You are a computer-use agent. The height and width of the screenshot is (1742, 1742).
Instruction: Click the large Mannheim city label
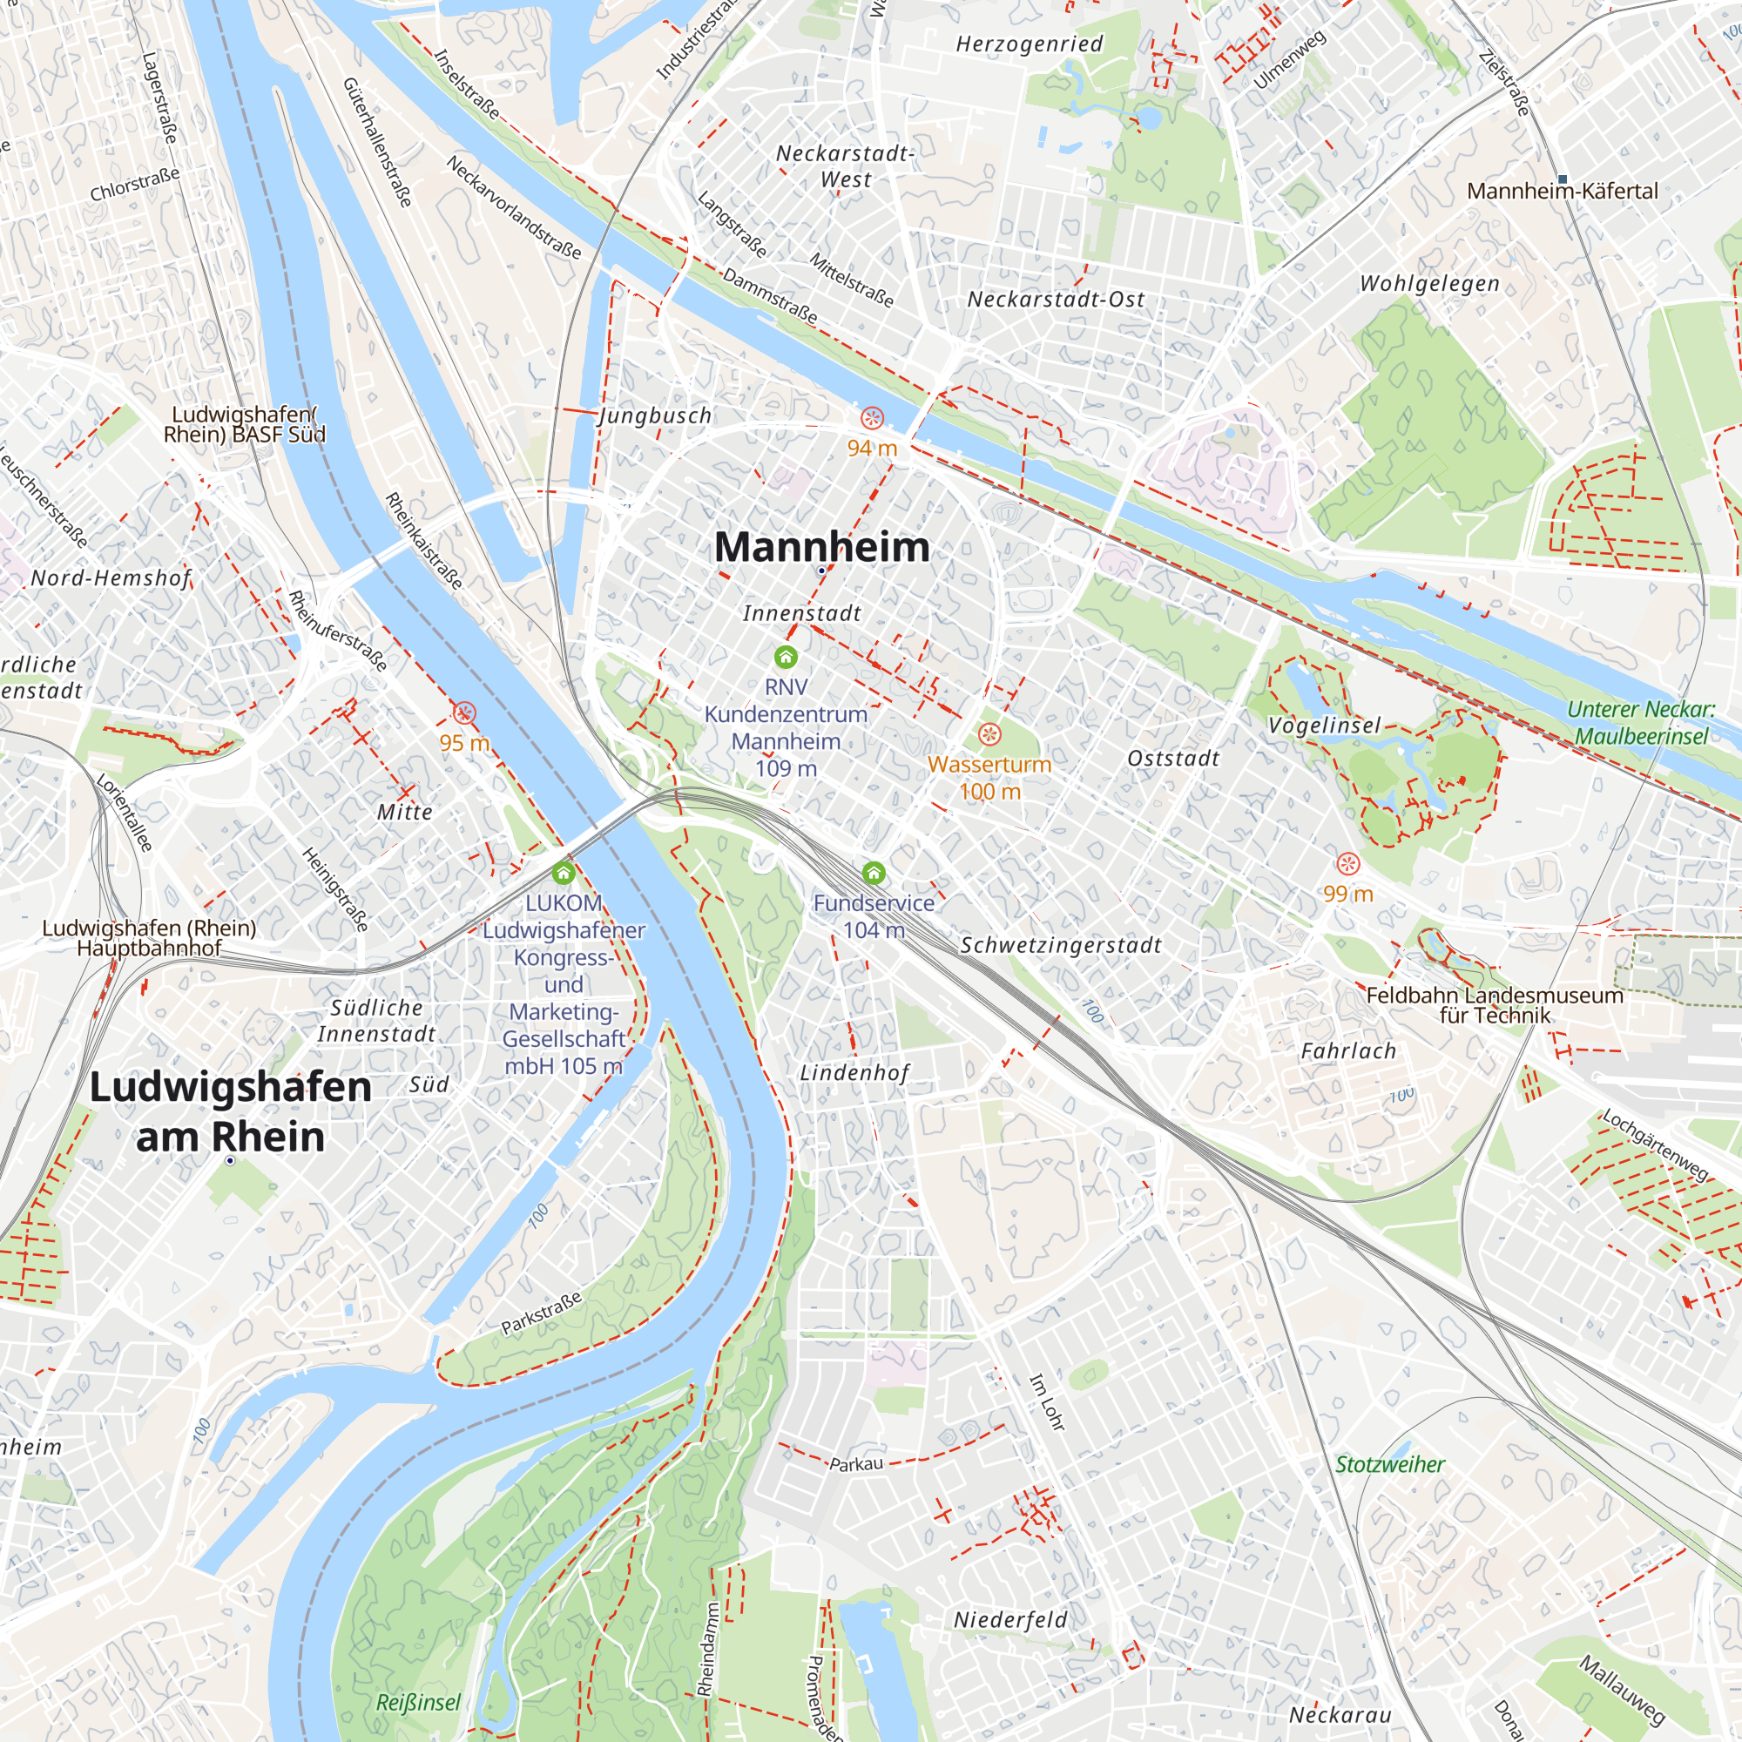(821, 546)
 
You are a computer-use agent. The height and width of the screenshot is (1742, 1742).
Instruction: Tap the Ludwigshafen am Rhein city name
(230, 1111)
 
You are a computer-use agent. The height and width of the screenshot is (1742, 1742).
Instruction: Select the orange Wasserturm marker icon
(989, 735)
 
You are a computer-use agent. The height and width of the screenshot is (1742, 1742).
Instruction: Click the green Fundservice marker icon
(873, 873)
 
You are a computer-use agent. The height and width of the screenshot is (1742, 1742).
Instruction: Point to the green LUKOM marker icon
(564, 873)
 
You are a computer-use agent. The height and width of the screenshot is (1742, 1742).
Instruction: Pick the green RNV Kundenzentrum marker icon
(786, 657)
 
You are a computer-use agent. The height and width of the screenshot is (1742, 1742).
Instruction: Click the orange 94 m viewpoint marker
(872, 418)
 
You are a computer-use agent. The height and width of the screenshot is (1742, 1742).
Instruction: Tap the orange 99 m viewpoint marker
(1348, 864)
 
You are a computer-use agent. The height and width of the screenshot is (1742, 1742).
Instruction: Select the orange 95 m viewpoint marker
(464, 714)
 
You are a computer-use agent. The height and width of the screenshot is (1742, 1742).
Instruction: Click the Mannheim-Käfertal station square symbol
(1563, 179)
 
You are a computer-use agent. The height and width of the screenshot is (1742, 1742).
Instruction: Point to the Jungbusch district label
(656, 415)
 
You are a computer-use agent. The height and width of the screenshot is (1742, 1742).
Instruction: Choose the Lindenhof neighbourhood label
(854, 1073)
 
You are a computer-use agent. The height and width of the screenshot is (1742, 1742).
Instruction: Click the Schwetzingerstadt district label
(1060, 945)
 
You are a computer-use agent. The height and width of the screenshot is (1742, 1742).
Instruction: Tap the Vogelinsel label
(1324, 726)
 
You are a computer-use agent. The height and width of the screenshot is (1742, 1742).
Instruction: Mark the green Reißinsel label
(418, 1702)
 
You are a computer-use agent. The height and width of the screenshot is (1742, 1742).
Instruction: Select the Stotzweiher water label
(1389, 1464)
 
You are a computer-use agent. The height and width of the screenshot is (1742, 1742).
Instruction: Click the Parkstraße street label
(542, 1313)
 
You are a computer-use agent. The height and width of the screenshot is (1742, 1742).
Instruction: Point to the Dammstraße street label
(770, 296)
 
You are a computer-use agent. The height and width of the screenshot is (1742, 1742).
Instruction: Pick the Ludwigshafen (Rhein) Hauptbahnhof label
(149, 938)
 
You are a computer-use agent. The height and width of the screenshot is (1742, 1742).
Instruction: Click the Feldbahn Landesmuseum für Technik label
(1494, 1004)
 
